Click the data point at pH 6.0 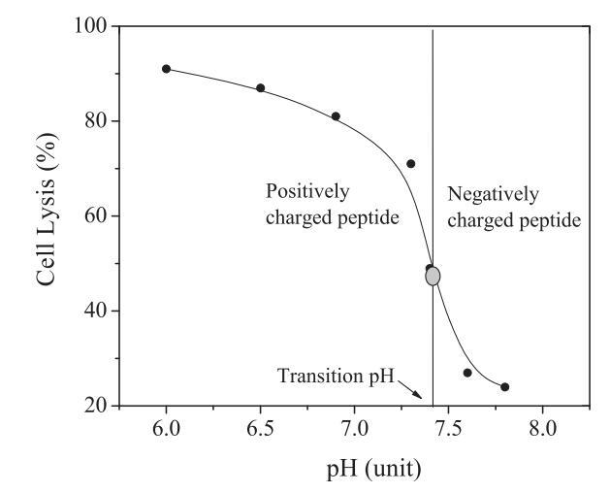coord(166,69)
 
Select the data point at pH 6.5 coord(260,88)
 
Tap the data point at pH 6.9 coord(336,116)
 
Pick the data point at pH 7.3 coord(410,164)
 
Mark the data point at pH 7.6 coord(467,373)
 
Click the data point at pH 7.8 coord(504,387)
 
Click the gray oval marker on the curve coord(433,276)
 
